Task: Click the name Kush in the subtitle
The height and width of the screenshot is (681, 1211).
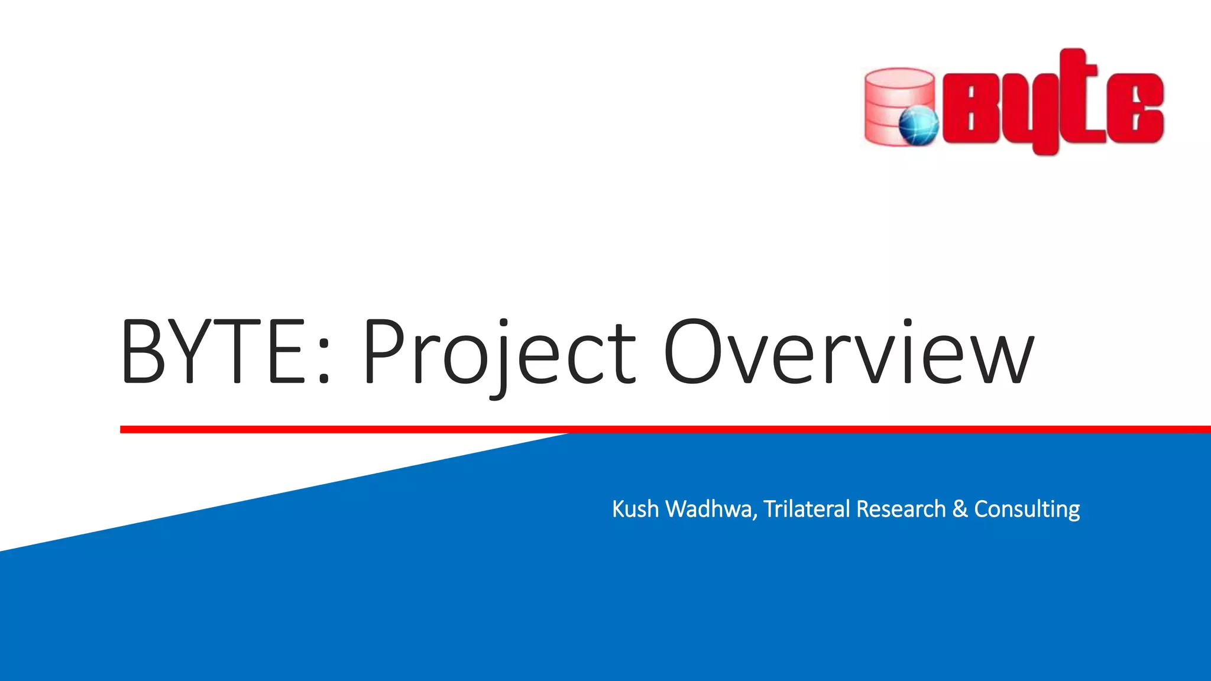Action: [635, 509]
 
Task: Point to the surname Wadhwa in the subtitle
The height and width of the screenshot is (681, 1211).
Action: [709, 509]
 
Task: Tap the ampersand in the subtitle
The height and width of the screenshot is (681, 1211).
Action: [960, 509]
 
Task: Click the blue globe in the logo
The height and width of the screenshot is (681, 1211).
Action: [918, 126]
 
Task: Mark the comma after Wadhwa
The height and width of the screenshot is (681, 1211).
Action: [755, 517]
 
